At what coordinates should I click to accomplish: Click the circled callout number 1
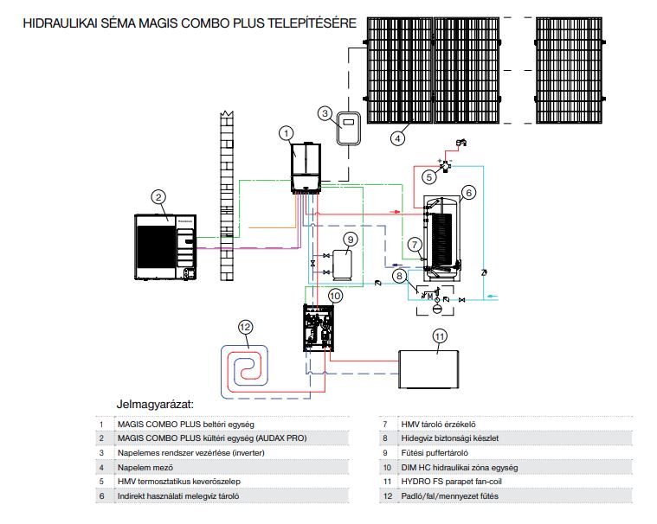click(287, 132)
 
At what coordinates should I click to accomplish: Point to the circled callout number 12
click(247, 327)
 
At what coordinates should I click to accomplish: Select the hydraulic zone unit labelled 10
click(320, 328)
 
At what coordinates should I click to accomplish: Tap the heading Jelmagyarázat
click(155, 405)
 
